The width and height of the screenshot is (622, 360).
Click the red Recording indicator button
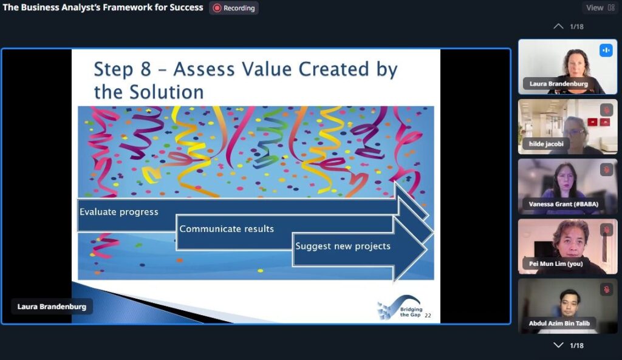click(x=234, y=8)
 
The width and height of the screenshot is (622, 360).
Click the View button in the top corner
click(x=600, y=7)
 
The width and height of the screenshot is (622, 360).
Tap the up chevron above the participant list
click(x=558, y=27)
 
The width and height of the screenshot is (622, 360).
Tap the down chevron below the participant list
click(x=558, y=345)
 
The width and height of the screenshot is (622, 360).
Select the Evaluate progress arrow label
click(x=118, y=212)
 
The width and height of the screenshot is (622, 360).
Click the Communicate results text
click(x=227, y=229)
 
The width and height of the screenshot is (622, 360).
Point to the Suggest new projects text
click(x=343, y=246)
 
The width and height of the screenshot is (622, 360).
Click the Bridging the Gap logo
click(x=400, y=308)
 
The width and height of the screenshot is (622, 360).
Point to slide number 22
click(x=428, y=316)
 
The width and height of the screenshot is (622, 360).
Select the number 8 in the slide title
click(x=146, y=69)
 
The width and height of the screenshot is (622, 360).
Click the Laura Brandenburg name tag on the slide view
click(x=52, y=307)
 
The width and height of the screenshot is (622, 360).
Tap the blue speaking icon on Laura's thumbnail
click(x=606, y=50)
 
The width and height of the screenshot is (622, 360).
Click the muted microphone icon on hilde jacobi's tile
click(x=607, y=110)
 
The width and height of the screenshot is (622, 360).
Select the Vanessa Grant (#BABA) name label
click(x=563, y=204)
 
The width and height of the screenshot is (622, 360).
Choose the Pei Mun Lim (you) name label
click(x=556, y=263)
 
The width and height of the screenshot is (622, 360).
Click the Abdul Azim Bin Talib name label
click(x=559, y=323)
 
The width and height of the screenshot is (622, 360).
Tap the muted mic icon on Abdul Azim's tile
click(x=607, y=290)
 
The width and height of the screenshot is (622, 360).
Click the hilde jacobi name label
click(x=546, y=144)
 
